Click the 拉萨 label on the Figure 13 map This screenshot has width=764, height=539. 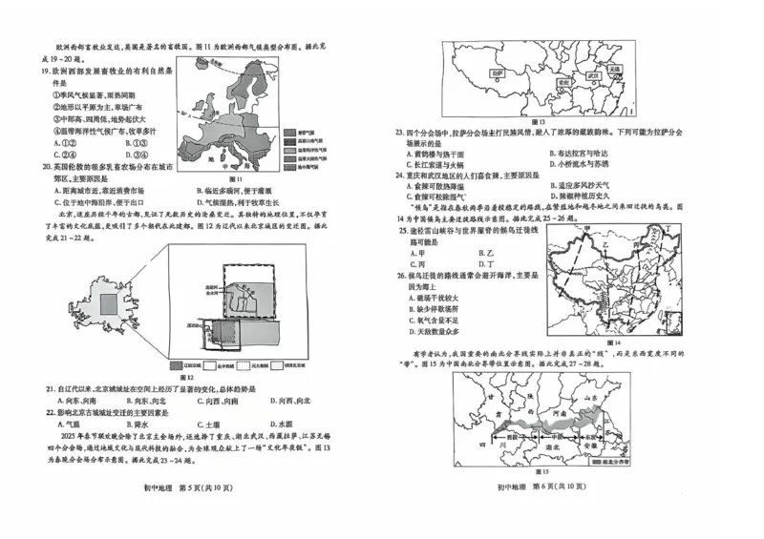coord(469,72)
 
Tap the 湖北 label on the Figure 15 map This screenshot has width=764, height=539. coord(554,443)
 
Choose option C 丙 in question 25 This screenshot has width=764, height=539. coord(417,264)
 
